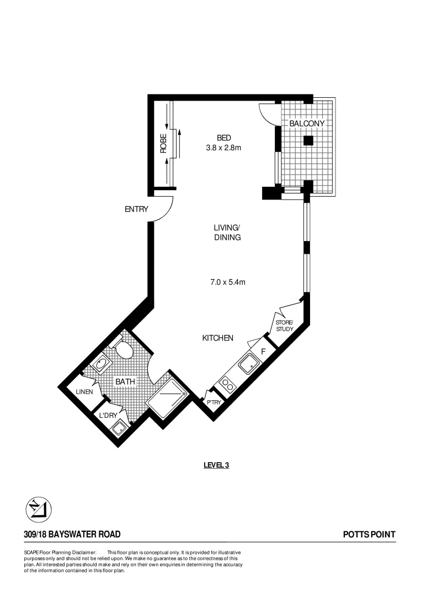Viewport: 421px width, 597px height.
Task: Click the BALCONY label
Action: click(307, 124)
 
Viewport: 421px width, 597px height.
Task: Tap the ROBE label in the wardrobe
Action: click(163, 144)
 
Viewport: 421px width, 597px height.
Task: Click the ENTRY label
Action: click(137, 209)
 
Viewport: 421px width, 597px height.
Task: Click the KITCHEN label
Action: click(217, 338)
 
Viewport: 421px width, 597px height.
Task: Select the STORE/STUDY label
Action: click(285, 326)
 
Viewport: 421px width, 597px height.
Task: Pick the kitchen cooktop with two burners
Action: click(227, 383)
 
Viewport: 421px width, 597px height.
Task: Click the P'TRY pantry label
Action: click(214, 402)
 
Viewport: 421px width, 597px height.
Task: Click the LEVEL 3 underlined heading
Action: click(216, 465)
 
